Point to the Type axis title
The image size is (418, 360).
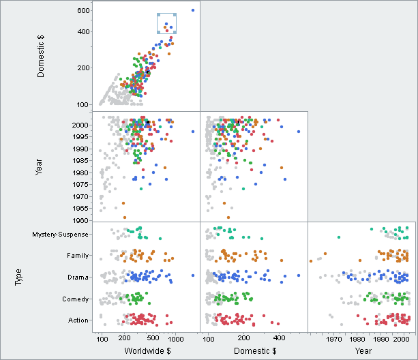pos(19,277)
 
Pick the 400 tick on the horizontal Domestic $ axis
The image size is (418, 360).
pos(279,339)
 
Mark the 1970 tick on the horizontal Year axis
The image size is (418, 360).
pos(334,339)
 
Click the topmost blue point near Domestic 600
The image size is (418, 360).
pos(193,10)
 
